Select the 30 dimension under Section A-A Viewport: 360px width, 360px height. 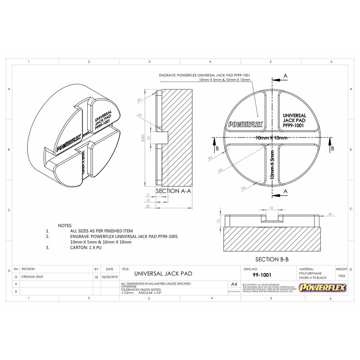[x=148, y=207]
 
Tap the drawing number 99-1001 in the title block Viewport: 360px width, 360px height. [x=261, y=274]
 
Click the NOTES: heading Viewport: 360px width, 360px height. [x=68, y=225]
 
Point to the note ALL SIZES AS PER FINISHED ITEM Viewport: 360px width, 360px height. [x=101, y=230]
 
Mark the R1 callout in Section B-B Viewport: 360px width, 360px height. [x=331, y=214]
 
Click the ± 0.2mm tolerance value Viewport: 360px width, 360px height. [x=129, y=292]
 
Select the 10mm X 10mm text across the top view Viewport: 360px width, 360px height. [x=271, y=137]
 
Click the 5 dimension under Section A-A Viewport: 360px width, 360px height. [x=148, y=195]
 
